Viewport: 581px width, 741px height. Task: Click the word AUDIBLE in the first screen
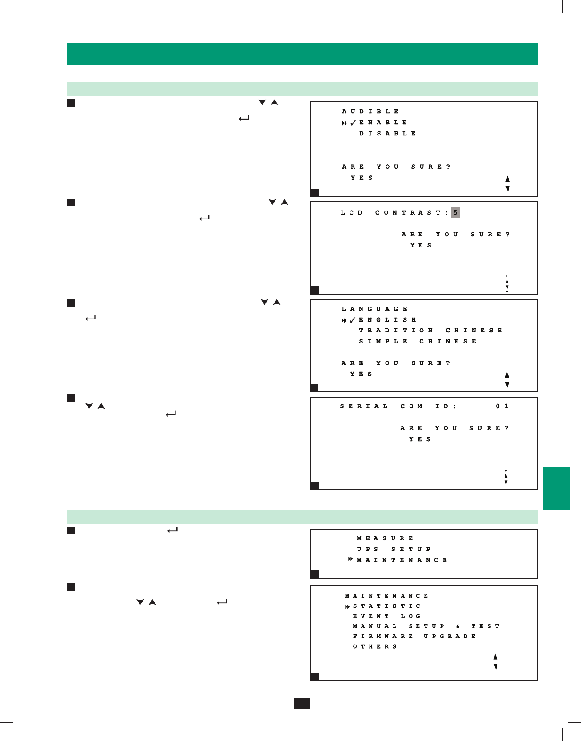(x=370, y=112)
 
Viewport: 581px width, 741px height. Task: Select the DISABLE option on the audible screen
(x=387, y=134)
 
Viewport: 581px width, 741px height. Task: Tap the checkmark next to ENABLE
(x=353, y=123)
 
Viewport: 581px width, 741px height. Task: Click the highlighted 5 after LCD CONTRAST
(x=455, y=213)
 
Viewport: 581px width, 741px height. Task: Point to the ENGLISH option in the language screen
(x=387, y=320)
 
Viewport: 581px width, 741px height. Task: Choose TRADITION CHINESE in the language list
(x=430, y=331)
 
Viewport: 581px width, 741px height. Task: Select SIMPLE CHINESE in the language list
(x=418, y=342)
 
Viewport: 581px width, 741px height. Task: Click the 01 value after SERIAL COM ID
(x=502, y=406)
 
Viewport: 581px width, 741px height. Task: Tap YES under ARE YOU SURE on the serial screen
(x=420, y=439)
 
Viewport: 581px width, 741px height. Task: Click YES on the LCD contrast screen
(x=421, y=246)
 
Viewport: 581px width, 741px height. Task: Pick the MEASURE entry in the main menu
(x=385, y=538)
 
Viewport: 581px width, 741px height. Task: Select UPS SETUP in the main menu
(x=394, y=550)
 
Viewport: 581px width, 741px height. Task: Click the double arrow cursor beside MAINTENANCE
(x=350, y=559)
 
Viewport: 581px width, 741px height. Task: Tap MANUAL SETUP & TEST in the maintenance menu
(x=426, y=626)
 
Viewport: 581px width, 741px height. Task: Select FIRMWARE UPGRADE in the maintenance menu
(x=414, y=637)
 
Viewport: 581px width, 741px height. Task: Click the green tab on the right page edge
(x=556, y=488)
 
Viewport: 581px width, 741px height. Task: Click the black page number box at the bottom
(x=302, y=703)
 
